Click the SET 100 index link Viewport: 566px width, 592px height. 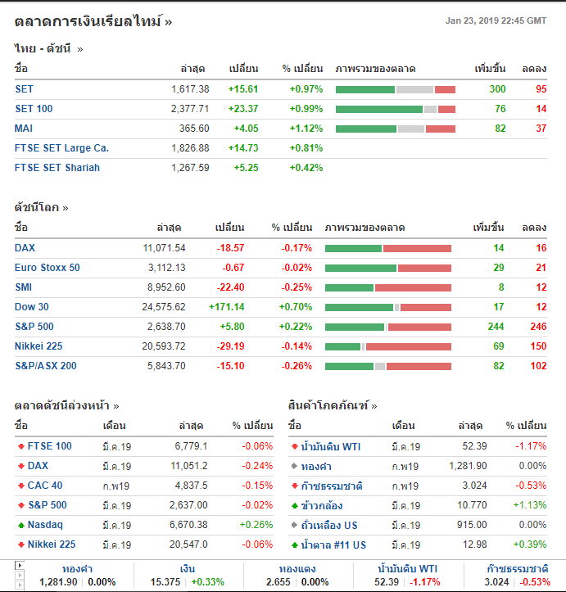pos(34,109)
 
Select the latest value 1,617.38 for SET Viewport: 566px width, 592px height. pos(190,89)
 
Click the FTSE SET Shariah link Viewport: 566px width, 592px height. pos(57,168)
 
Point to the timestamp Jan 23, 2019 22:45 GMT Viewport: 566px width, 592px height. pos(496,21)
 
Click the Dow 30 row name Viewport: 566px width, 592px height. pos(31,307)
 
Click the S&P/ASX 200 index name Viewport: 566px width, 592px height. pos(46,366)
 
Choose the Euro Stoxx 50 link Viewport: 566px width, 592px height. pos(48,268)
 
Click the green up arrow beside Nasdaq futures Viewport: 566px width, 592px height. pos(20,525)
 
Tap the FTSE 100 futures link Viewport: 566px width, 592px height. pos(50,446)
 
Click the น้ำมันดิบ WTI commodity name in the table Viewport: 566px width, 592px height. pos(332,446)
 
